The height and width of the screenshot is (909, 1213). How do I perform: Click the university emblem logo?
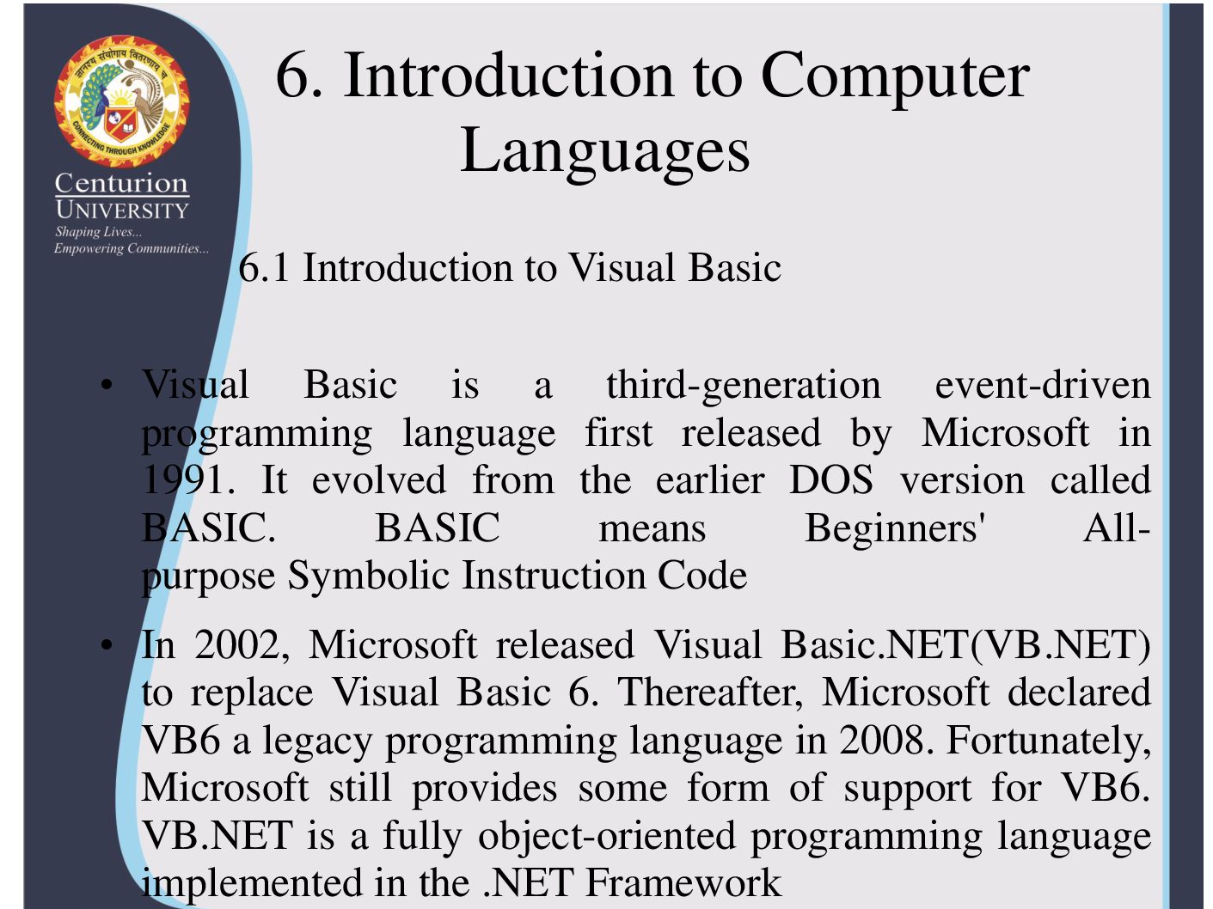[121, 101]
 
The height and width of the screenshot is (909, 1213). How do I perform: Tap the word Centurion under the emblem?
[121, 183]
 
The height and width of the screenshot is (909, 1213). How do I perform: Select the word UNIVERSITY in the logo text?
[122, 210]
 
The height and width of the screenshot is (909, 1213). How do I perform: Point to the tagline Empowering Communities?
[132, 248]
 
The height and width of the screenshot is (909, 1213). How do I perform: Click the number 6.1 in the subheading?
[264, 268]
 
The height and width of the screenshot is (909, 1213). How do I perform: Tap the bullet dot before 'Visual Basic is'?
[107, 384]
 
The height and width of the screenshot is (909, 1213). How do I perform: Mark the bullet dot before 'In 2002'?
[107, 644]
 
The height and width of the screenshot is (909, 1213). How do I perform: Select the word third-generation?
[744, 386]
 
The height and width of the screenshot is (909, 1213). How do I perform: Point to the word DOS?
[831, 480]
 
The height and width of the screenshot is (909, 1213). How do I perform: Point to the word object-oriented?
[607, 837]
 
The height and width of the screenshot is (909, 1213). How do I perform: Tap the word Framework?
[683, 883]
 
